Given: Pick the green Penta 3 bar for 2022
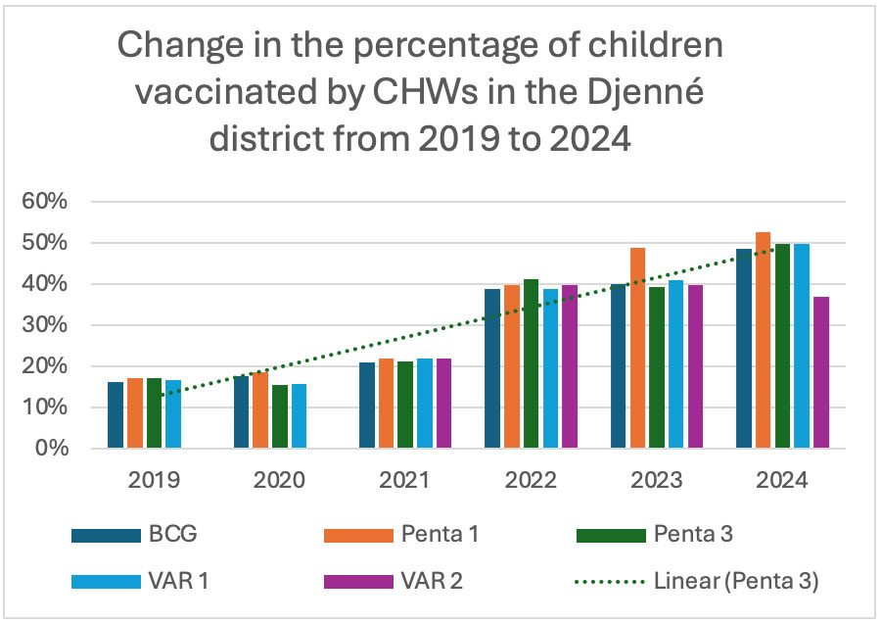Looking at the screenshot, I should click(x=532, y=363).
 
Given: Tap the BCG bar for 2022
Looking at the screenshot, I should click(x=492, y=368).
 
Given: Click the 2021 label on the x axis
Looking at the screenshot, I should click(x=405, y=481).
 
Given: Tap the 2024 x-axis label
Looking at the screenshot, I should click(x=782, y=481).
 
